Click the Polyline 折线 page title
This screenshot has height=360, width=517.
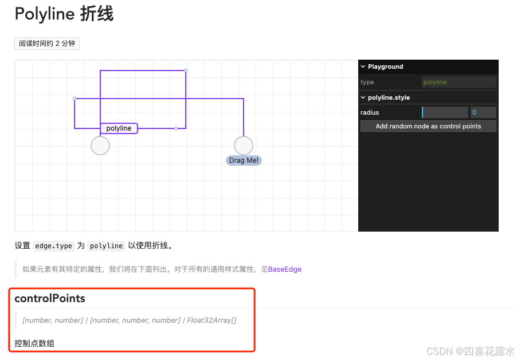(64, 14)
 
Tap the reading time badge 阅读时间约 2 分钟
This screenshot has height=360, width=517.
(47, 44)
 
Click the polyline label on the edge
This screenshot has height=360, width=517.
(119, 128)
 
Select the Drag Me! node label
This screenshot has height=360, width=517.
(244, 161)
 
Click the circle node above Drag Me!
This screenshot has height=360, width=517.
(244, 146)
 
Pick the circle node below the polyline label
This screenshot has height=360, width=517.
(100, 146)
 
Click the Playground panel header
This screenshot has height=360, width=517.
(385, 66)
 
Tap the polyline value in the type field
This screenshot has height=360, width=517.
(435, 82)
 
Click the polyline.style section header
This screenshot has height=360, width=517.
(389, 97)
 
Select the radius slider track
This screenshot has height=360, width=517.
(445, 112)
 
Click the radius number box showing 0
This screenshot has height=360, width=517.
(483, 112)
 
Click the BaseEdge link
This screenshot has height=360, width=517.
(285, 269)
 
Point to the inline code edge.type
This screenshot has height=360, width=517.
(53, 246)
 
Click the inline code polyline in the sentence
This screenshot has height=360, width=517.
(106, 246)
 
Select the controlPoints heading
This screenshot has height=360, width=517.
(50, 299)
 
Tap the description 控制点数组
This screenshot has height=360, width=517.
(34, 343)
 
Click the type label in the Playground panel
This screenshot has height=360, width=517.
(367, 82)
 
